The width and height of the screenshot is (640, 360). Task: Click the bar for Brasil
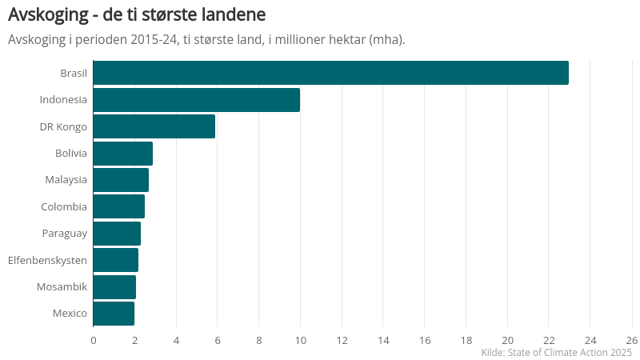(330, 73)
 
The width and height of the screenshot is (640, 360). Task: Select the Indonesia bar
(197, 100)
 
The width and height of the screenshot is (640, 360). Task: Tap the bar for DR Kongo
(154, 126)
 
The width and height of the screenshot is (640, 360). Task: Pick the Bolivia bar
(123, 153)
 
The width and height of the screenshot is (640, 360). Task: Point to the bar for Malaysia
(121, 180)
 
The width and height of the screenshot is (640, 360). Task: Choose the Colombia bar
(119, 206)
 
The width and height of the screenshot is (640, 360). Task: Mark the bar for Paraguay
(117, 234)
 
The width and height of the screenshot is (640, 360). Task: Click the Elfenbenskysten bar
(116, 260)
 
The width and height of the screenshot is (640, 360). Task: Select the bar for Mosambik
(114, 286)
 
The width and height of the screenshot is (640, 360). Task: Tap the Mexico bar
(114, 314)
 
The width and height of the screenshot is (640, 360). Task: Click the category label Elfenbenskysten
(47, 260)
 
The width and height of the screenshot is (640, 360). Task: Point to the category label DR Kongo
(63, 126)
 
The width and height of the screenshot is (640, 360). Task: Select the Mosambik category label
(62, 286)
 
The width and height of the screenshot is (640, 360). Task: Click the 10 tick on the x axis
(300, 339)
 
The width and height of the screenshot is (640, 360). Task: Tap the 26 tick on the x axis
(631, 339)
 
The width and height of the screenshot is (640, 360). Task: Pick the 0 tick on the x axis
(94, 339)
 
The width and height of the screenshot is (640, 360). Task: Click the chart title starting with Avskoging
(137, 15)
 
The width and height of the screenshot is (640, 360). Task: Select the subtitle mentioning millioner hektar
(206, 40)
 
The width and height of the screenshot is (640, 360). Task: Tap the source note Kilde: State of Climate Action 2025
(556, 353)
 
